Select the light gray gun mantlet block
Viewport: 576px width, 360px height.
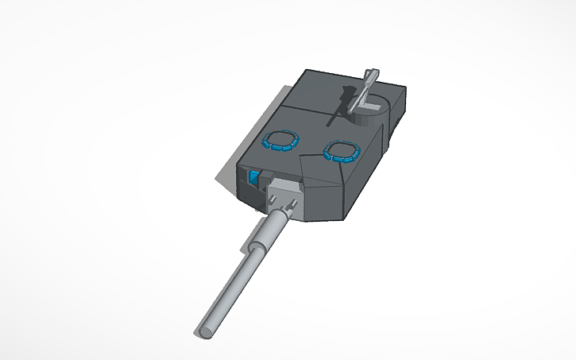coord(284,194)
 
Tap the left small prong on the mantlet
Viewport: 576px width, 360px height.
coord(282,207)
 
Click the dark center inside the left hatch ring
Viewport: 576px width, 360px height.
coord(279,141)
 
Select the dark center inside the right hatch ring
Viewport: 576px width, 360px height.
coord(342,150)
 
